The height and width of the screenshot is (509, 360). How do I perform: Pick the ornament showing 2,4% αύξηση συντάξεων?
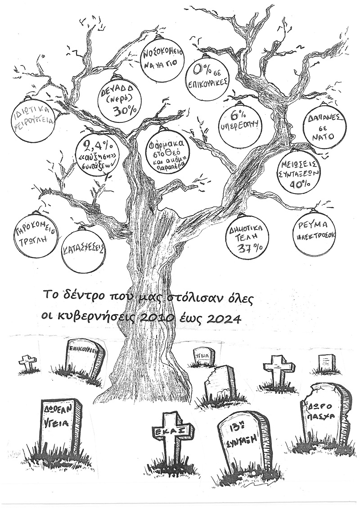[96, 153]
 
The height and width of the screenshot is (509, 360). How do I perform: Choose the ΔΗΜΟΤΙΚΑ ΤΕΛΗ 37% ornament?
[246, 242]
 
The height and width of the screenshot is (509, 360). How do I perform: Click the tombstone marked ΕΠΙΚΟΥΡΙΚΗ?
[82, 358]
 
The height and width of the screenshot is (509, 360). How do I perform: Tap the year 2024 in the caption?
[223, 317]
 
